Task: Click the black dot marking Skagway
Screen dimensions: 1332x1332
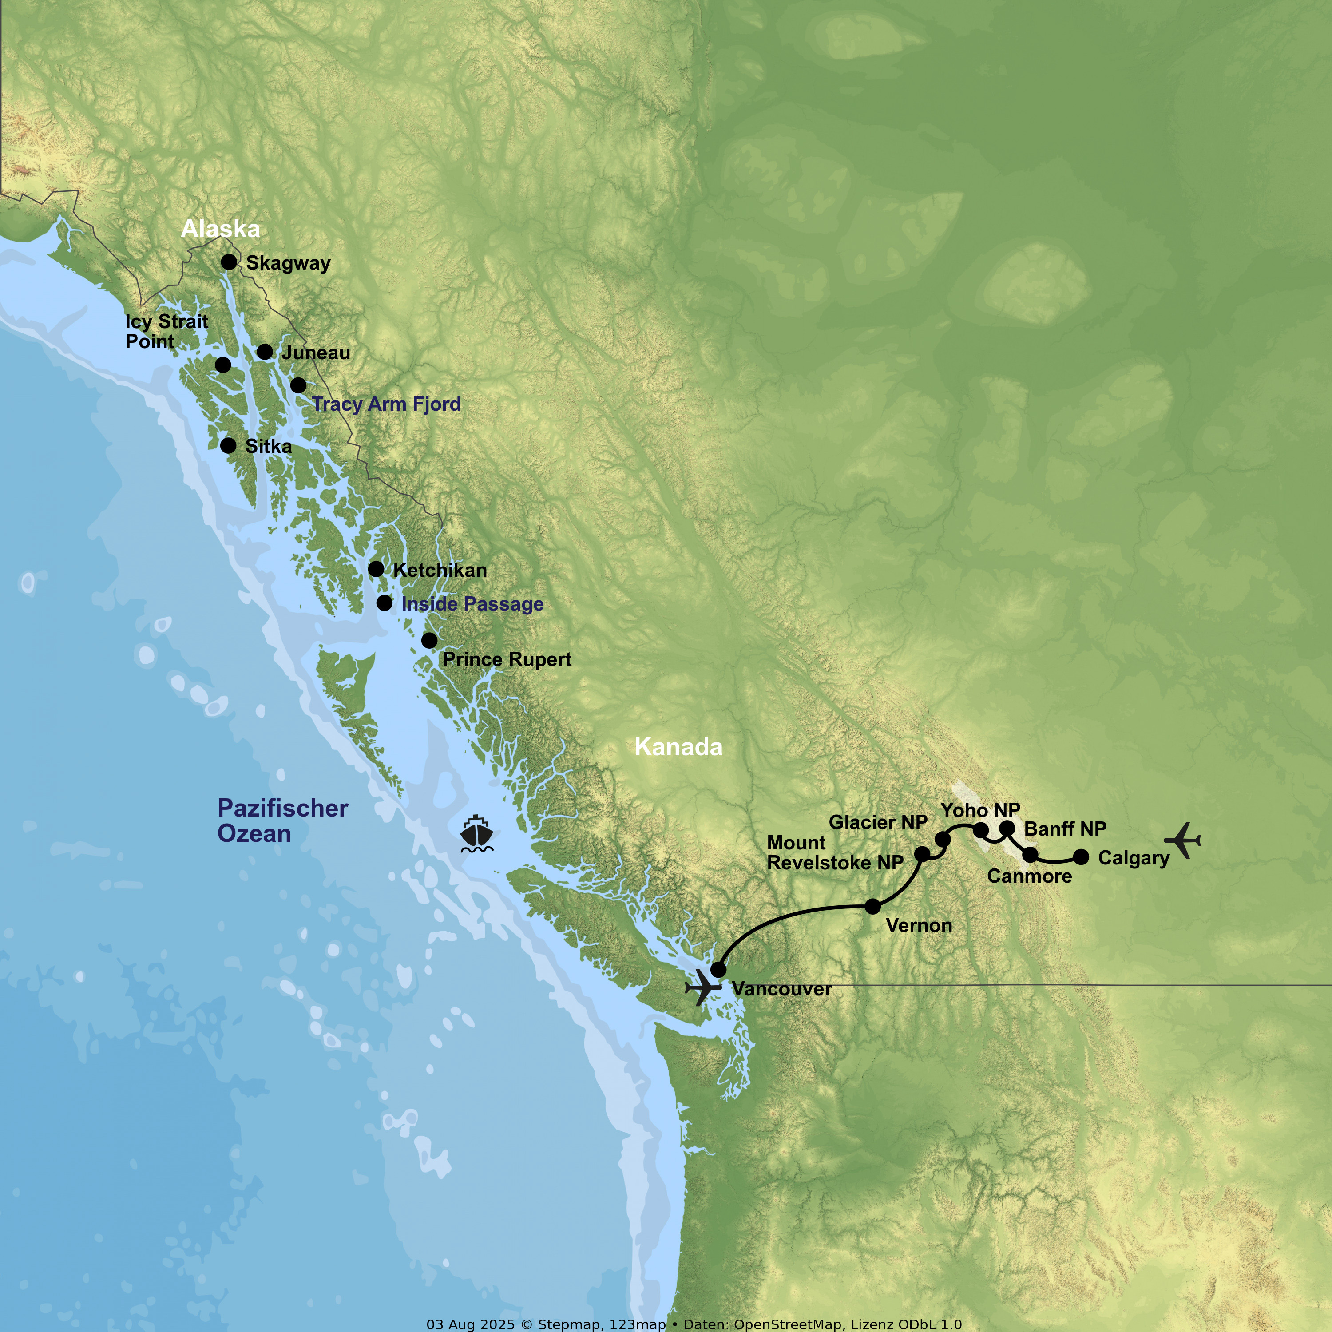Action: (229, 262)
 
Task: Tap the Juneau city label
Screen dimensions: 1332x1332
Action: (316, 353)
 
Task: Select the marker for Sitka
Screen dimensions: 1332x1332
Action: (228, 445)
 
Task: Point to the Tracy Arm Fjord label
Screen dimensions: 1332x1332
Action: (386, 404)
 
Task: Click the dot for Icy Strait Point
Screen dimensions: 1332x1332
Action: (223, 365)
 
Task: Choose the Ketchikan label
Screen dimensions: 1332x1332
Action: (440, 570)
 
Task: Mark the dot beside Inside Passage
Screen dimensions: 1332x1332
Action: (384, 603)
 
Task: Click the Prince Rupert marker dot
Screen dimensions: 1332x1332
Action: (429, 641)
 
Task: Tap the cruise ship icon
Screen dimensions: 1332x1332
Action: (476, 834)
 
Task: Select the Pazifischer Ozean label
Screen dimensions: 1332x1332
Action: (283, 821)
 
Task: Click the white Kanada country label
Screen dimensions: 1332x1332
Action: (678, 747)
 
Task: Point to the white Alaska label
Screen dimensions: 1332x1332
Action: (221, 229)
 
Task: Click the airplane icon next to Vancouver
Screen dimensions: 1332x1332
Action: (702, 987)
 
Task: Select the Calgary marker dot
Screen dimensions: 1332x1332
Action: (1081, 857)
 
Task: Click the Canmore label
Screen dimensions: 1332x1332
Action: (1029, 876)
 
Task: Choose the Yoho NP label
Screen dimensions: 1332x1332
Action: (980, 810)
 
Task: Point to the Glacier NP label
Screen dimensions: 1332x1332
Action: (878, 822)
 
